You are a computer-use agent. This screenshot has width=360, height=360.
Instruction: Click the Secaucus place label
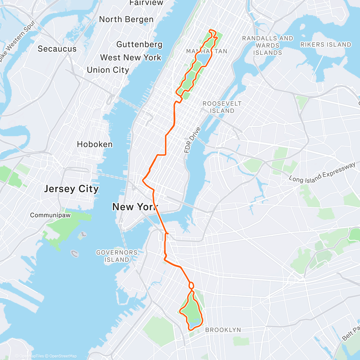[57, 49]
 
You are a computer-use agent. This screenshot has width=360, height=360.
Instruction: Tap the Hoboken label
[95, 144]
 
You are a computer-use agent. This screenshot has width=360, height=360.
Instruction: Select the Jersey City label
[71, 189]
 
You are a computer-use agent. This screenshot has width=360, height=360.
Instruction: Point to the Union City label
[108, 70]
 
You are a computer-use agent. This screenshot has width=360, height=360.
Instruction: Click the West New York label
[130, 58]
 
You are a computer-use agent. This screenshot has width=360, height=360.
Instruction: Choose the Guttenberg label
[139, 45]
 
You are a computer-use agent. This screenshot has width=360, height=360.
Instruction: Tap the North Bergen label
[126, 19]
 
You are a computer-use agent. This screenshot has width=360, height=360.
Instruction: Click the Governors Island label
[117, 256]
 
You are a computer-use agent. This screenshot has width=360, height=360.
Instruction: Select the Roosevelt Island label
[222, 107]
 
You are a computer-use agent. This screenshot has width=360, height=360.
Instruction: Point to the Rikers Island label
[325, 45]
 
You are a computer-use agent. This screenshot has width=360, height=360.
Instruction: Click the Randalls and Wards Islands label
[268, 46]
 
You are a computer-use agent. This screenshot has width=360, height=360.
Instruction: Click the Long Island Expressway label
[322, 173]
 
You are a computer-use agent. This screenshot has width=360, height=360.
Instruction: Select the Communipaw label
[50, 215]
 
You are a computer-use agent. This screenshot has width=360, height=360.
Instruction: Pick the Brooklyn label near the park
[223, 330]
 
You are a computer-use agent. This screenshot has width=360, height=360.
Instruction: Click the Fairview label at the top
[142, 3]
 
